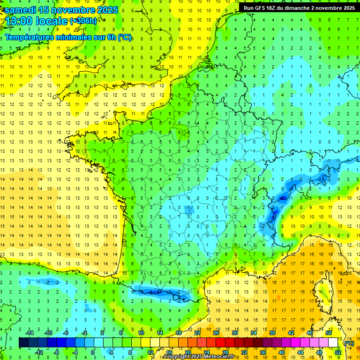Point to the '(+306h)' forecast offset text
click(x=83, y=21)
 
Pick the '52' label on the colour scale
click(x=337, y=352)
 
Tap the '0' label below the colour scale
click(x=93, y=352)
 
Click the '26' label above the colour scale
click(x=216, y=332)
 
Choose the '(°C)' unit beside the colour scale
click(x=349, y=343)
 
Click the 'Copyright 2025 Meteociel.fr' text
click(x=206, y=357)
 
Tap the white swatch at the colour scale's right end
click(x=333, y=343)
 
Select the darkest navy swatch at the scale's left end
click(x=24, y=343)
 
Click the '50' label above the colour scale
click(x=328, y=332)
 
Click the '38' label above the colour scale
click(x=272, y=332)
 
